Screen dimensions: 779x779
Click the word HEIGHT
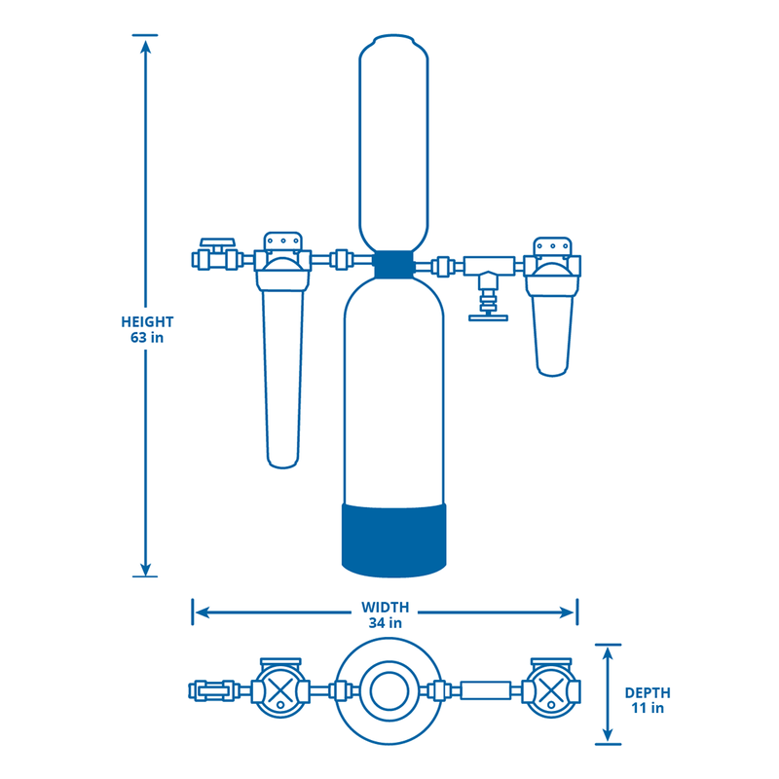[x=147, y=321]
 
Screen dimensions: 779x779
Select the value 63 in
[x=147, y=338]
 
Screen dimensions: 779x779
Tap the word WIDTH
[x=386, y=606]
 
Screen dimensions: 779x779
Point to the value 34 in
[x=386, y=622]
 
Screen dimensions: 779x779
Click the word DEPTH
[x=647, y=692]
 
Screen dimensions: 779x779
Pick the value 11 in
[x=647, y=709]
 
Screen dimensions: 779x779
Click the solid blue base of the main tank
[x=393, y=536]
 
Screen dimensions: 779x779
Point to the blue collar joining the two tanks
[x=393, y=264]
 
